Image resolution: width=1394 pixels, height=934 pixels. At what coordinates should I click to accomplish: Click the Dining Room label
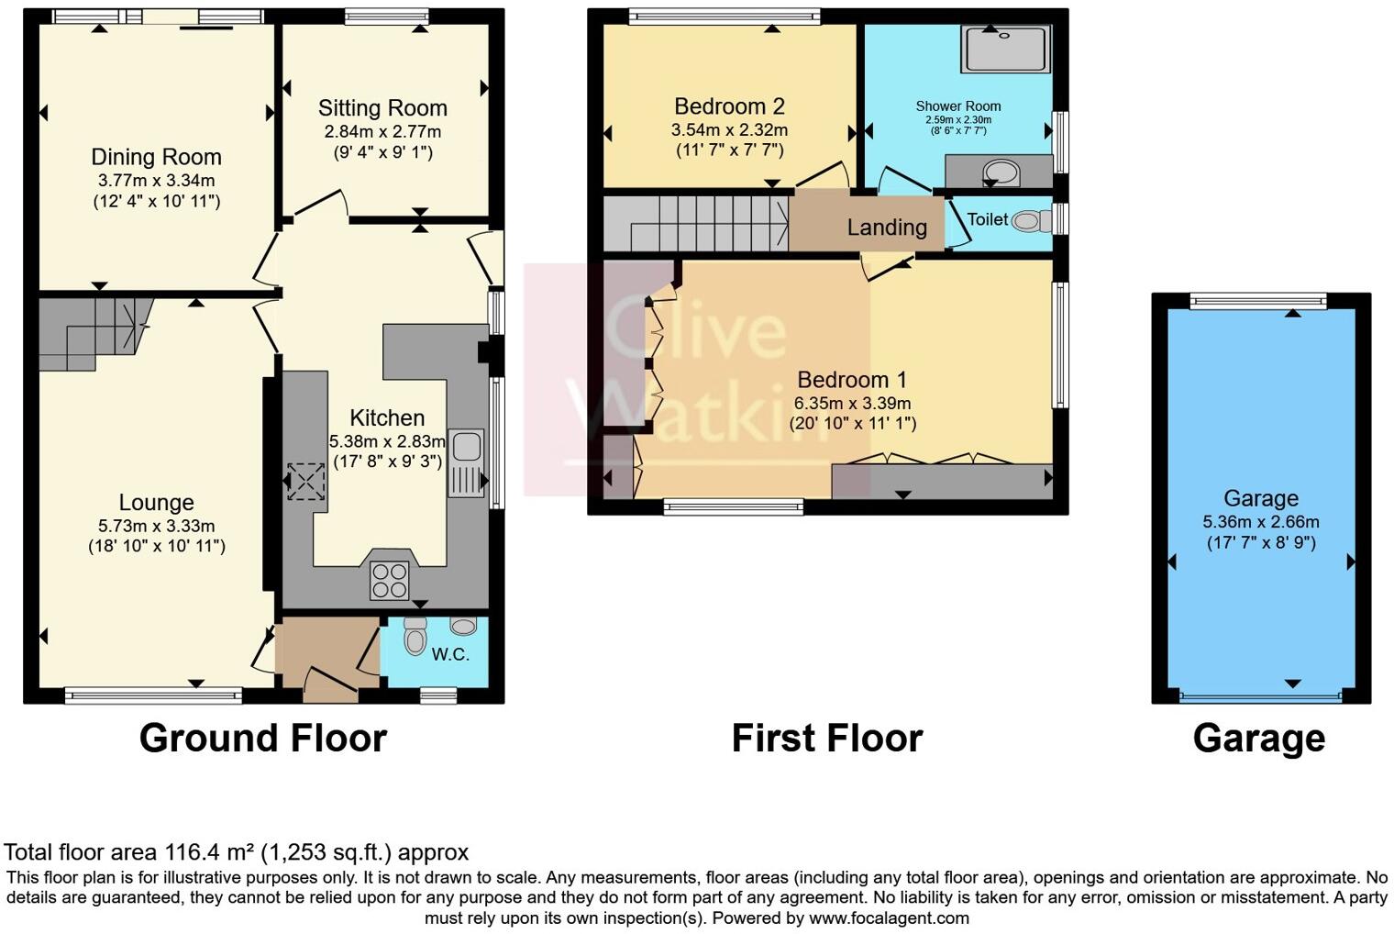pos(156,157)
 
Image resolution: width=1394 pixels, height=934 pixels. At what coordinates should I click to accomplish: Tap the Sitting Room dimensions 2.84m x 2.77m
pos(382,131)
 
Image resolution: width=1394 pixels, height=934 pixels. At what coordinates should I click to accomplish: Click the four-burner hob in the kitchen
pos(389,580)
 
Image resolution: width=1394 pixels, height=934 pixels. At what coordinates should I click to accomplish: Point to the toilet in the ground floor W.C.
pos(415,635)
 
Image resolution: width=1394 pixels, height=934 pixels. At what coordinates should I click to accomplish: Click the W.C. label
pos(450,654)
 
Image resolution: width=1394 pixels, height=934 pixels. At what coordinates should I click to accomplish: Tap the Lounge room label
pos(156,502)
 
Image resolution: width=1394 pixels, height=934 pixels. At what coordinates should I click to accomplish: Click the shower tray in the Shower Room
pos(1005,49)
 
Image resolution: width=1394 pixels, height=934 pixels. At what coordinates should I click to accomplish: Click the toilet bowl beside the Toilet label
pos(1033,220)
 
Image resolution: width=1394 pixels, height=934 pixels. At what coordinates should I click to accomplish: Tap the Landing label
pos(886,227)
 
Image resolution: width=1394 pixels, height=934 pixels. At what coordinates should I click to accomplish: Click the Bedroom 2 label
pos(729,106)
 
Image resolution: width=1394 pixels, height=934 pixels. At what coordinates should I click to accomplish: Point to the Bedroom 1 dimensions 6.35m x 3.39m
pos(852,403)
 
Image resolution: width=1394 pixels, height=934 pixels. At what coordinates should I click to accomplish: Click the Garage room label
pos(1260,498)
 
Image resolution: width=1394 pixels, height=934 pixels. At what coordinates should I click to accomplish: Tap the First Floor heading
pos(826,738)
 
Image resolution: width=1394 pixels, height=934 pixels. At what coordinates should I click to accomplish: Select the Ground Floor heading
pos(263,738)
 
